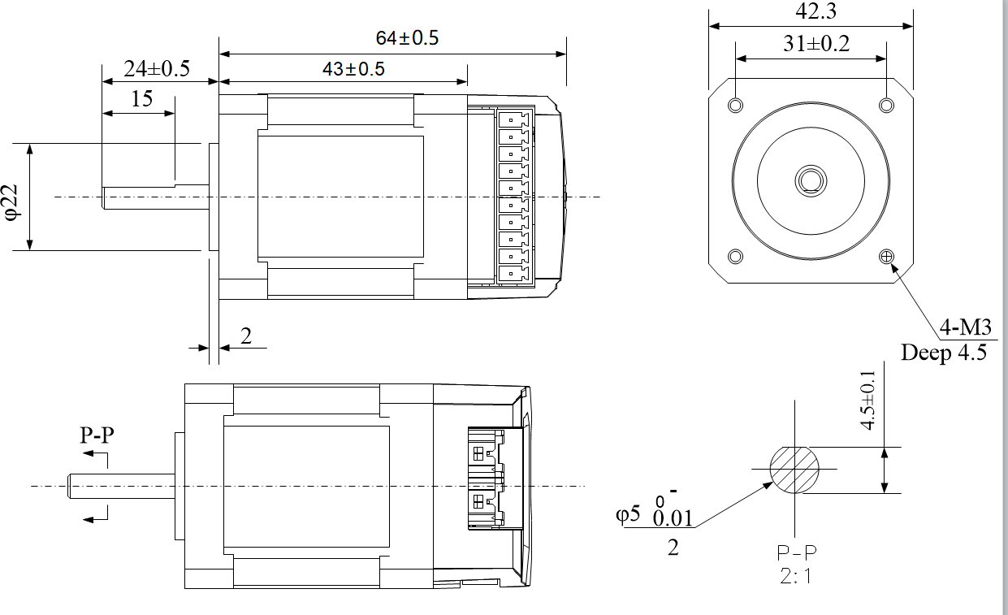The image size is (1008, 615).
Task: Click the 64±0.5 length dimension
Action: (x=407, y=38)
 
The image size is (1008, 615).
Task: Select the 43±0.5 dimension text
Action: (x=353, y=69)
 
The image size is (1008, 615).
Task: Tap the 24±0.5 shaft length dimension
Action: (x=156, y=69)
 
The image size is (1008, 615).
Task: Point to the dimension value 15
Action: (x=141, y=99)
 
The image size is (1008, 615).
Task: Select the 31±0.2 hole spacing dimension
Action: (x=815, y=45)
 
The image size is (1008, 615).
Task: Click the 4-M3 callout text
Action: (x=966, y=328)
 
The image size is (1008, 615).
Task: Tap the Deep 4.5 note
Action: (x=944, y=353)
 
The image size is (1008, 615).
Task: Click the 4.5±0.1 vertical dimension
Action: (x=868, y=401)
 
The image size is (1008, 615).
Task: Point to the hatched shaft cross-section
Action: (x=794, y=469)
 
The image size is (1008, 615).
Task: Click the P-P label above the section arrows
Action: (x=97, y=435)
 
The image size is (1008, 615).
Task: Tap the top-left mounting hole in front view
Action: (x=736, y=106)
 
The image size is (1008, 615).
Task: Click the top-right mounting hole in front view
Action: (x=886, y=106)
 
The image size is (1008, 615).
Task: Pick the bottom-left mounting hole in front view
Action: (x=736, y=256)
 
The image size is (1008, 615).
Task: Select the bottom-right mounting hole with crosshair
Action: (x=886, y=256)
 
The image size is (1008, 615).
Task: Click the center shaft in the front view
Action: (x=811, y=180)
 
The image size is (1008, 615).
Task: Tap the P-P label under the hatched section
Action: (x=797, y=553)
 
